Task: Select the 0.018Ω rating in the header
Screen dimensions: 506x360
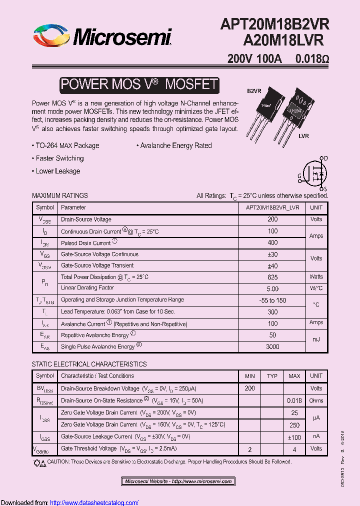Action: (312, 58)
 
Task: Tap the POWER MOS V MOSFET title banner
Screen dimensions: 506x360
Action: (139, 84)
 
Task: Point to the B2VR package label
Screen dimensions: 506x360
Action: (254, 91)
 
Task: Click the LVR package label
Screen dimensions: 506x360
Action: (303, 136)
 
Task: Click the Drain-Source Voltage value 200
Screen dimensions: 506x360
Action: (272, 219)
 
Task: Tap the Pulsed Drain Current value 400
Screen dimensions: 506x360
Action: (272, 242)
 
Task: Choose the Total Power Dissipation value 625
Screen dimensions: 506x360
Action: (272, 276)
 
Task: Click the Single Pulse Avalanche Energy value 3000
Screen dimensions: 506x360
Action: (272, 346)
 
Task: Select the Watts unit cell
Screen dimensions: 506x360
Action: (316, 276)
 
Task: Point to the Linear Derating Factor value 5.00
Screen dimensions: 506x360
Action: (272, 288)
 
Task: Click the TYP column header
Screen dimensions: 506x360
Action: (272, 376)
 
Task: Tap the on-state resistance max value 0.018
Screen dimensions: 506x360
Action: (294, 400)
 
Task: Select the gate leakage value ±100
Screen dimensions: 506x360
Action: (294, 436)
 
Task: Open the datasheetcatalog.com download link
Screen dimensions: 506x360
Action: (94, 502)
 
